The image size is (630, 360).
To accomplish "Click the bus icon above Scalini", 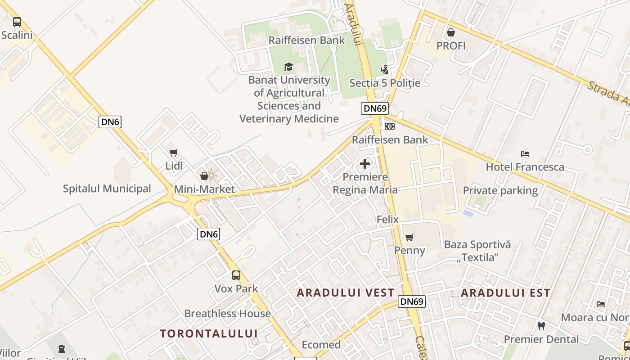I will click(17, 22).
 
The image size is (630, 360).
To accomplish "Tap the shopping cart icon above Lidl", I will click(174, 153).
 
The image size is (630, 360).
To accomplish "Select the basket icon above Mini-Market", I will click(204, 176).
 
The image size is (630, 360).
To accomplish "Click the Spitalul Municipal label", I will click(107, 189).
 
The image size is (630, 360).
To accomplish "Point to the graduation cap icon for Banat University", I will click(289, 67).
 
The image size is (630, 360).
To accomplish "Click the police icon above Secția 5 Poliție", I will click(384, 70).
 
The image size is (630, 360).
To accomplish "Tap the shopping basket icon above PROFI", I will click(450, 32).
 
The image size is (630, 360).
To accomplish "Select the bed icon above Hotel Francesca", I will click(525, 154).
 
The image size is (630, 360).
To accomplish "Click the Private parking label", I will click(500, 190).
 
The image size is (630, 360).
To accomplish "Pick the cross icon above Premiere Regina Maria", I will click(365, 164).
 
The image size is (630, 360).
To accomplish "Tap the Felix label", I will click(387, 220).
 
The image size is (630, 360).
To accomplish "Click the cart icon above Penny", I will click(409, 237).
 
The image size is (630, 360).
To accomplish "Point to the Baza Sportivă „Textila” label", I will click(477, 251).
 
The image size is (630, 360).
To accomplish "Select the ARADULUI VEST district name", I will click(346, 293).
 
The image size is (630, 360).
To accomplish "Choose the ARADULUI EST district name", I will click(505, 293).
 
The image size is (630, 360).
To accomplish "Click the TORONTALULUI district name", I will click(209, 333).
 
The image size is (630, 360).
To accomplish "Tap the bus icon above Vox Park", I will click(236, 275).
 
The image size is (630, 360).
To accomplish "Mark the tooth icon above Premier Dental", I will click(541, 326).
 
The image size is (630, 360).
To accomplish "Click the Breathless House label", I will click(227, 314).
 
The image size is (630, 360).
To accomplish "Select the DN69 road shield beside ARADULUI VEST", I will click(411, 301).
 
